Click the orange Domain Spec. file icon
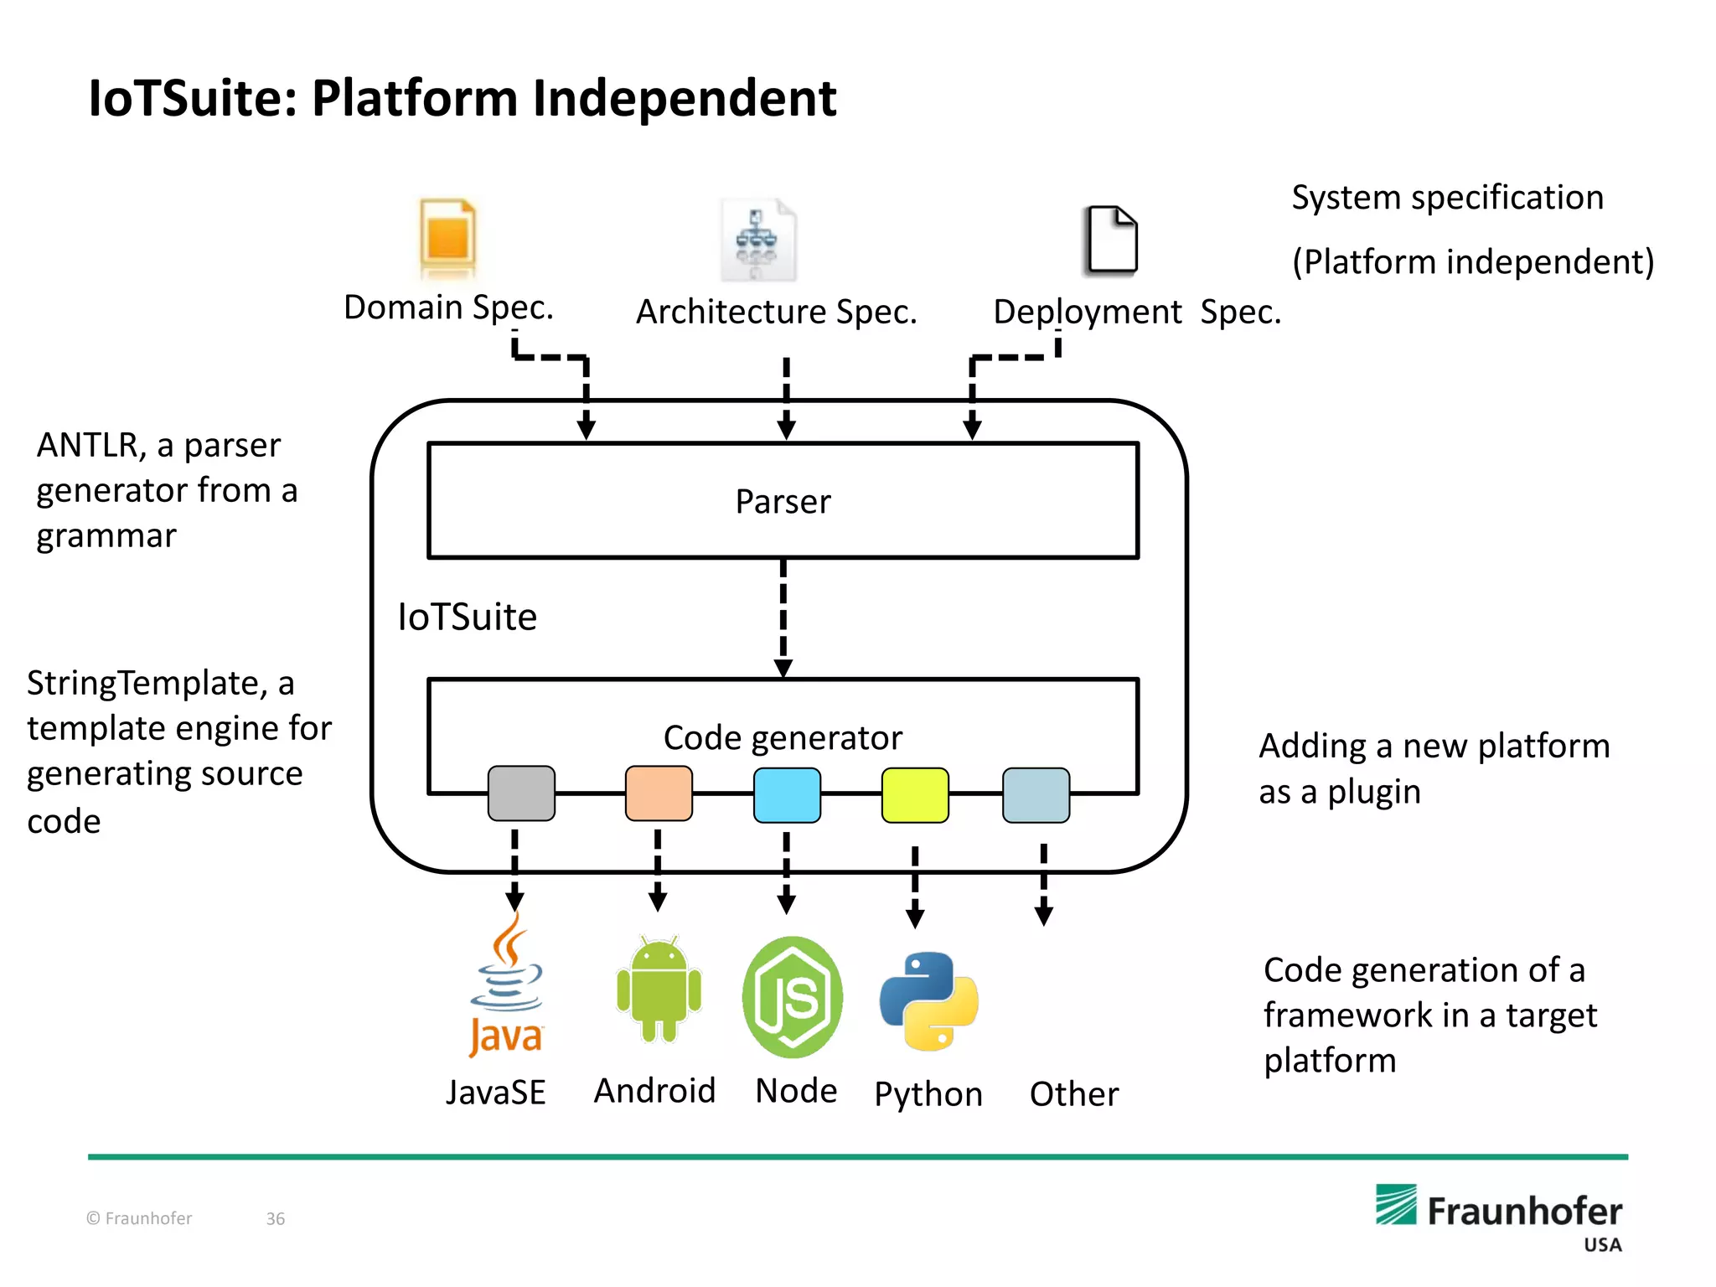[x=448, y=238]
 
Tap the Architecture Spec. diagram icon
[x=757, y=240]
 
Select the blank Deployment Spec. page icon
[x=1111, y=240]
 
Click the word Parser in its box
[x=783, y=502]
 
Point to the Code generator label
[x=783, y=738]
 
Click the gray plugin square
[x=521, y=793]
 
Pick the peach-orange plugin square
[x=659, y=793]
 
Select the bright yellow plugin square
[x=915, y=795]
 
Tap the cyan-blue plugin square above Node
[x=787, y=795]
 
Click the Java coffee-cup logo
[x=506, y=985]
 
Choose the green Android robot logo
[x=659, y=990]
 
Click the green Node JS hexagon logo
[x=793, y=997]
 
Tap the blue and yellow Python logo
[x=929, y=1000]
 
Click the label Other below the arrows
[x=1073, y=1094]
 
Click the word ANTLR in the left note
[x=86, y=446]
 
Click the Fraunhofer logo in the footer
[x=1498, y=1211]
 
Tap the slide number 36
[x=276, y=1219]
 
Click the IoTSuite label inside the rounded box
[x=467, y=618]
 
